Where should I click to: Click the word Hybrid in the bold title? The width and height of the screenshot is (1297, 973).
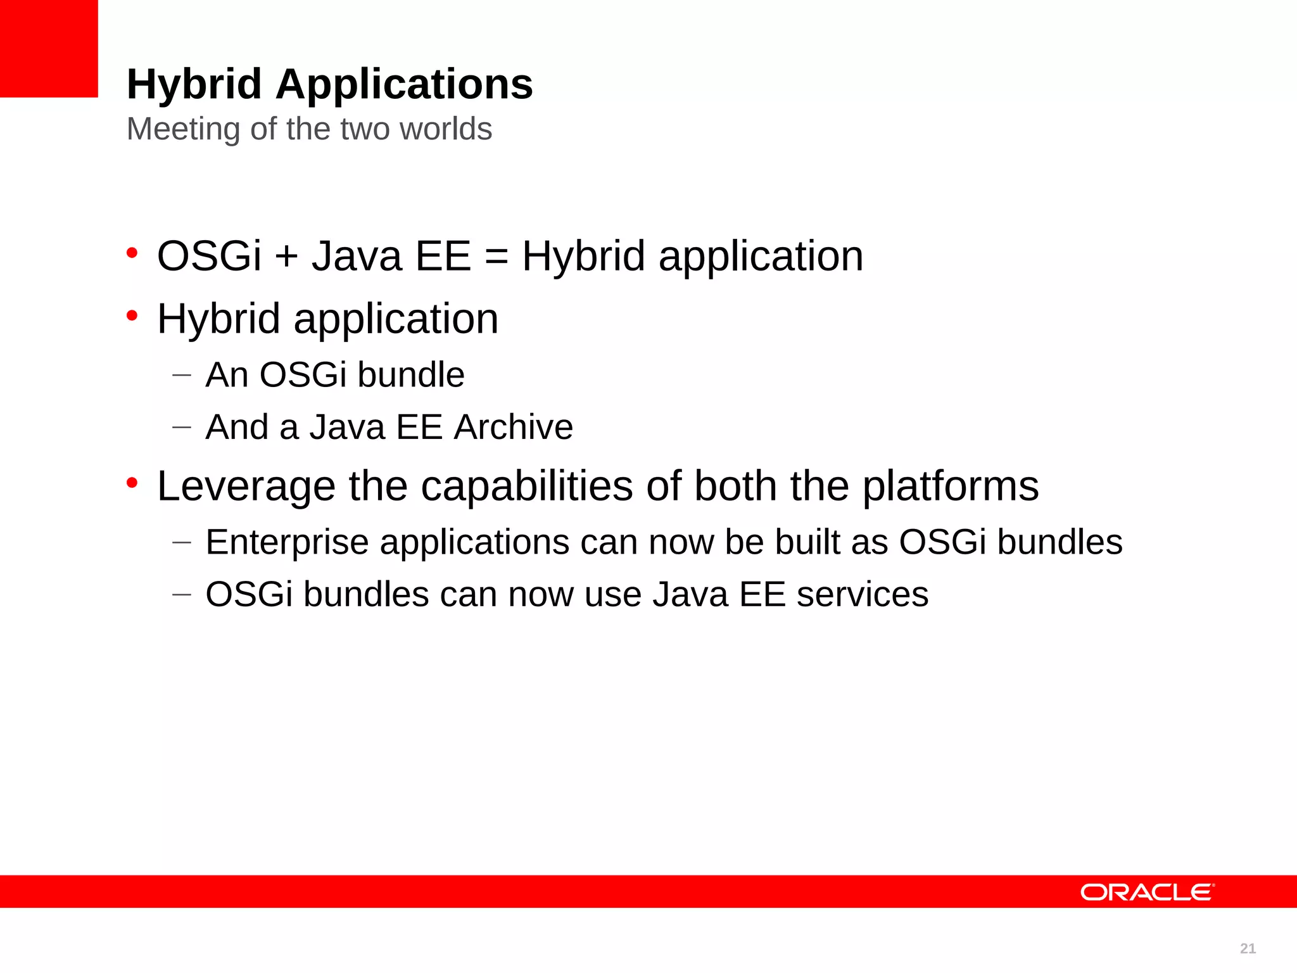[x=194, y=84]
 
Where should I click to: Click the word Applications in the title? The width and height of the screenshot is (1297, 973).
[x=404, y=84]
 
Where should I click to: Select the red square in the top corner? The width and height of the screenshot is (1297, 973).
[x=49, y=48]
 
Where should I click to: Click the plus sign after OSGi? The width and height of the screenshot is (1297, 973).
[x=286, y=257]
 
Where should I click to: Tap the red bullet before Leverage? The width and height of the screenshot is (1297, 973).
[x=132, y=483]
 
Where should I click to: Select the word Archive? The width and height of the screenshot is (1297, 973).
[x=514, y=427]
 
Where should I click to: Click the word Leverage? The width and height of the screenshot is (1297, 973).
[x=246, y=486]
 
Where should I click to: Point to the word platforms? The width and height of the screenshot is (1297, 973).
[x=950, y=486]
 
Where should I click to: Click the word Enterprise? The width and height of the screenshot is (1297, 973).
[x=287, y=543]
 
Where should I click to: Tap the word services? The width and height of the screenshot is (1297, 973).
[x=862, y=595]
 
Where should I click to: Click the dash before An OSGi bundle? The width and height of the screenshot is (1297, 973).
[x=182, y=375]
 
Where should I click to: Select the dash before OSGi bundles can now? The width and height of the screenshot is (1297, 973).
[x=182, y=595]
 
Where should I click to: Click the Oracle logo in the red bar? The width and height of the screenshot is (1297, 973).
[x=1147, y=892]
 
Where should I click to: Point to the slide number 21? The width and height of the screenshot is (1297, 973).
[x=1248, y=948]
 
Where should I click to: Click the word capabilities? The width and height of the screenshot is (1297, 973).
[x=527, y=486]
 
